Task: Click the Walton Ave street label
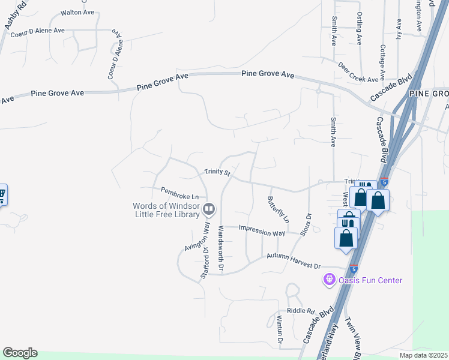coord(77,12)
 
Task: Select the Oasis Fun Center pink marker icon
coord(329,280)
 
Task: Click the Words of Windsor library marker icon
coord(209,209)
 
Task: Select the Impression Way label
coord(262,230)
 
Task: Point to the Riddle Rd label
coord(301,311)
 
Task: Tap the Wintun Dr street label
coord(279,330)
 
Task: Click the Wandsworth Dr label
coord(221,248)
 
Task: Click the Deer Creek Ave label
coord(358,71)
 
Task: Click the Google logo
coord(20,353)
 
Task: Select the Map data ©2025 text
coord(424,355)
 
